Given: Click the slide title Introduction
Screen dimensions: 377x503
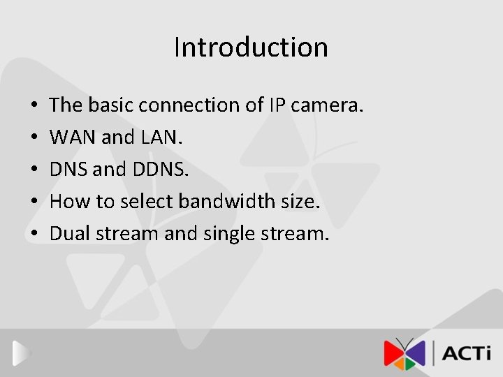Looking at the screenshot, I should tap(251, 47).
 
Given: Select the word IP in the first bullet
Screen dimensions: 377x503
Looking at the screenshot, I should tap(275, 105).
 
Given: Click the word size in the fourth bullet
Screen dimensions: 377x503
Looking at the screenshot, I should tap(300, 202).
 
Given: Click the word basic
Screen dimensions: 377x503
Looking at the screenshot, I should tap(110, 105).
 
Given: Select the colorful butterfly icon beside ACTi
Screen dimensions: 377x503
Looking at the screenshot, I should tap(404, 353).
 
